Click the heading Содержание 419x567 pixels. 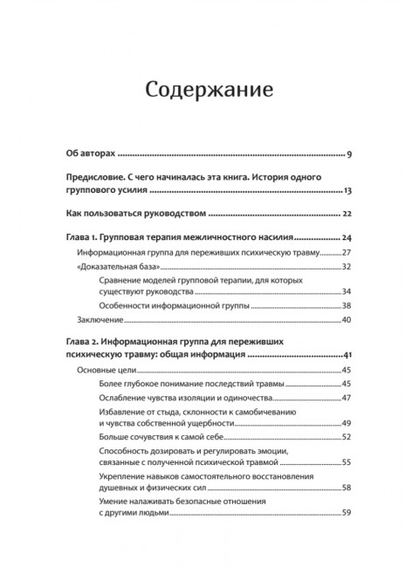click(209, 90)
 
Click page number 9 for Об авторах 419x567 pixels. click(347, 154)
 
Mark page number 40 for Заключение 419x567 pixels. click(346, 320)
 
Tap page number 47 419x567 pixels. click(346, 397)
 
